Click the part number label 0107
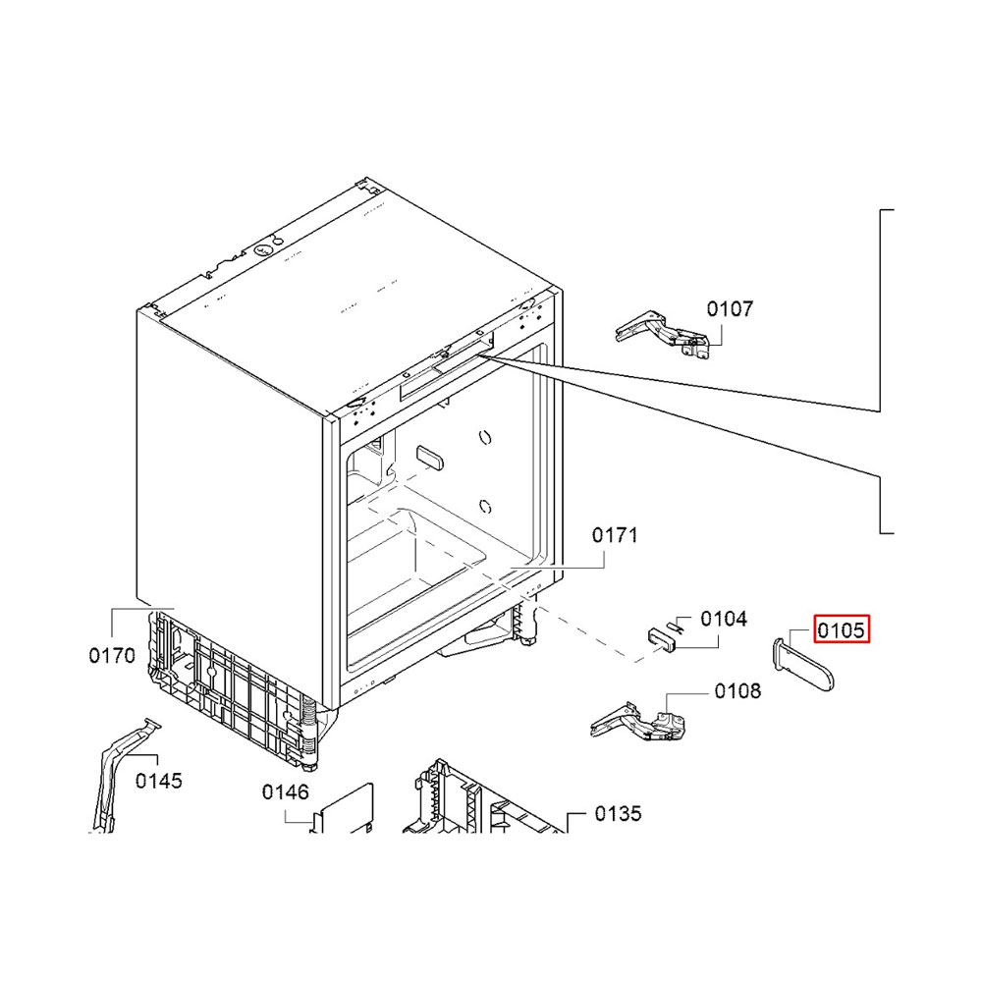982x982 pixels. (730, 308)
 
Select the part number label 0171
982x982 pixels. (615, 535)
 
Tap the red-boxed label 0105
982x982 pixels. (842, 629)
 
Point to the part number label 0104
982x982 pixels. (724, 619)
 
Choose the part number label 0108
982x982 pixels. (737, 691)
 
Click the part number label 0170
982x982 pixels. (112, 656)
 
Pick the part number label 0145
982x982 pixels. (159, 781)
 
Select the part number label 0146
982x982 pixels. (286, 792)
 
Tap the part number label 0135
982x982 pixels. (618, 814)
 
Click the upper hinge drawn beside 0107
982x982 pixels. (664, 333)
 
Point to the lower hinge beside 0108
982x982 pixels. (639, 722)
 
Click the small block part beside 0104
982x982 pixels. (662, 640)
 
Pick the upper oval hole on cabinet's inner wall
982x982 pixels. (485, 437)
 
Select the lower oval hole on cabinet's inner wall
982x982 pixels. (485, 506)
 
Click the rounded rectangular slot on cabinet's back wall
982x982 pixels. (430, 458)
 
